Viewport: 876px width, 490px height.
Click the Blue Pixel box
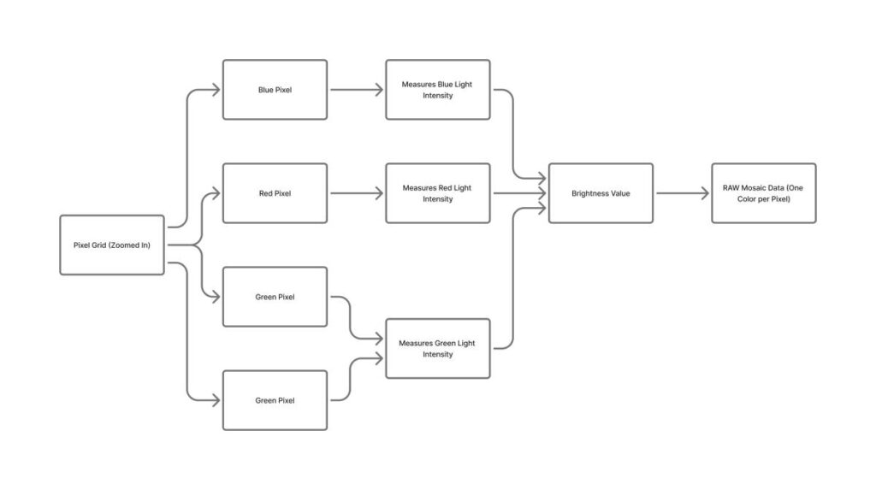275,90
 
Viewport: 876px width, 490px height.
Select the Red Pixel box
275,193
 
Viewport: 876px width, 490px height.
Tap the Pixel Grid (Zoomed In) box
112,245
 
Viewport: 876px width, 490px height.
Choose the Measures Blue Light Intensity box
437,90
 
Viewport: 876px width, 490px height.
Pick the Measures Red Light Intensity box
437,193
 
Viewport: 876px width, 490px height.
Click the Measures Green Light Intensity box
437,349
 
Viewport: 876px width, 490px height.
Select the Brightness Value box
601,193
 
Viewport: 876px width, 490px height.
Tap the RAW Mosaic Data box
763,193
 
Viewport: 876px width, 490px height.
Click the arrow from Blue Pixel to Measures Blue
356,90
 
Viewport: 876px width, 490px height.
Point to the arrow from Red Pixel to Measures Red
356,193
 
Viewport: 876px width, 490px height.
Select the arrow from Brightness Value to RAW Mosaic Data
682,193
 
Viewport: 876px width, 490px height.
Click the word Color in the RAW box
740,199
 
